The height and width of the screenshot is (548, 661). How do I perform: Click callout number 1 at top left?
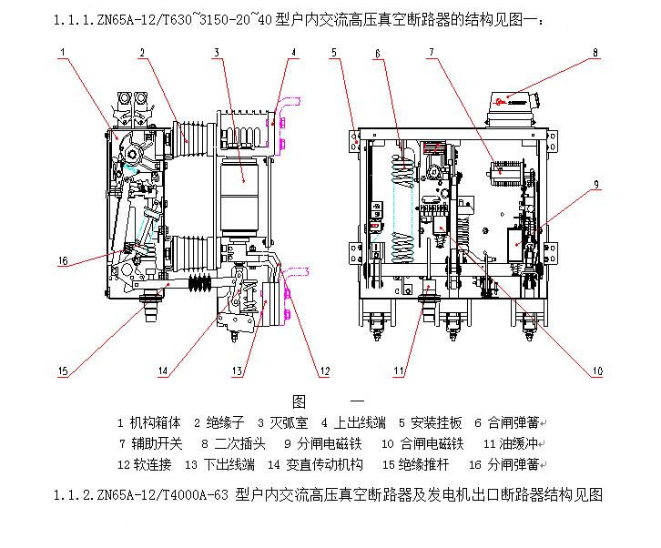[63, 53]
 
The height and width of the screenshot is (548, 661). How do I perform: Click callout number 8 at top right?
[595, 53]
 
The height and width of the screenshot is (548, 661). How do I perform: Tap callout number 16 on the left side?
[63, 261]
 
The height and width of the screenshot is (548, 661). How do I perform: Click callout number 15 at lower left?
[63, 370]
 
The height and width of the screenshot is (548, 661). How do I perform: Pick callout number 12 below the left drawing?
[323, 370]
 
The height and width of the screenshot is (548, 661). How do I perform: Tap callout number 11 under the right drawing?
[398, 370]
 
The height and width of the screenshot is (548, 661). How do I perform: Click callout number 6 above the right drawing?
[377, 53]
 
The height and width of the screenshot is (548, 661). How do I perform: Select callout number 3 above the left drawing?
[217, 53]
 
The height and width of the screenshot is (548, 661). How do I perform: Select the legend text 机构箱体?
[156, 422]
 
